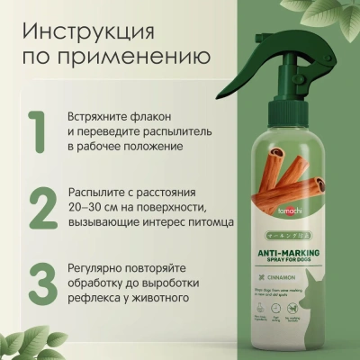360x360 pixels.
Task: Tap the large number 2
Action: click(x=39, y=206)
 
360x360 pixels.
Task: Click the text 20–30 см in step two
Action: click(x=94, y=207)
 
